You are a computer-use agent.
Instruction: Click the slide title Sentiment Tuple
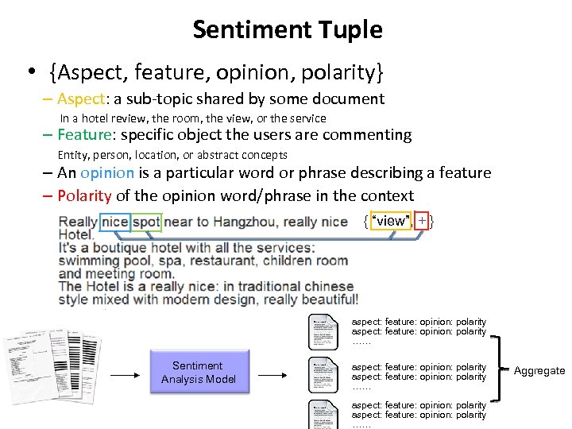[287, 30]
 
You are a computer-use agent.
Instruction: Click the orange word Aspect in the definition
[80, 99]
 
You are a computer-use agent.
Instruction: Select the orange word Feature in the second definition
[85, 134]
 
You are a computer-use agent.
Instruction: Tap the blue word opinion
[107, 172]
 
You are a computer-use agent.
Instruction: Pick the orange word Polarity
[84, 195]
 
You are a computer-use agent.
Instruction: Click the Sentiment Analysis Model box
[198, 372]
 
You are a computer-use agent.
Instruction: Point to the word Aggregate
[539, 371]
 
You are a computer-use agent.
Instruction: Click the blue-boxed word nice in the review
[114, 221]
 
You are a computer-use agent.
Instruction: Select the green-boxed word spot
[146, 221]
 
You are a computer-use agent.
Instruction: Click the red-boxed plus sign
[422, 220]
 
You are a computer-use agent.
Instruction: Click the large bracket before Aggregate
[498, 371]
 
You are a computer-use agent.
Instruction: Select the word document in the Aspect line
[347, 99]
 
